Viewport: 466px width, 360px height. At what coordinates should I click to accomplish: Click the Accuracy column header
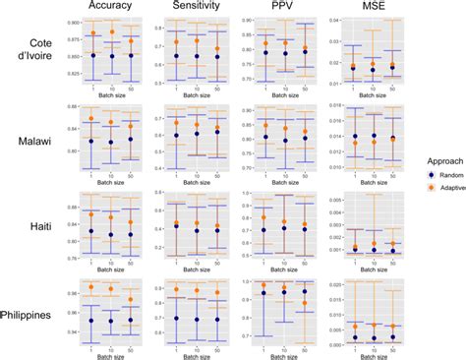112,7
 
